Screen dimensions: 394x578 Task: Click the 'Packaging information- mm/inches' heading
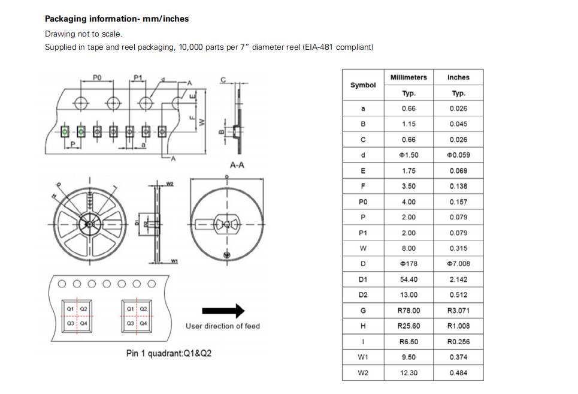(x=117, y=19)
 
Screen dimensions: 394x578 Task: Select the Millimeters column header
(x=408, y=77)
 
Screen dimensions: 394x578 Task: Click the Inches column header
(x=458, y=77)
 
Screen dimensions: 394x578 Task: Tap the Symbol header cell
(x=363, y=85)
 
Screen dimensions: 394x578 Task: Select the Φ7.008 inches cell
(x=458, y=264)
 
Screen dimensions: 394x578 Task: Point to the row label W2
(x=363, y=372)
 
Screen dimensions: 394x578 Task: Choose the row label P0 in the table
(x=363, y=202)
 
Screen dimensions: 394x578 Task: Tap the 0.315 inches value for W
(x=458, y=248)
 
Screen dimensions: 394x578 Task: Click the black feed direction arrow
(x=223, y=311)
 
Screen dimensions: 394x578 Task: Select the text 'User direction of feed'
(x=223, y=326)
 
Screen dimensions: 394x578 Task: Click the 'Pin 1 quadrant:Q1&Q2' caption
(x=168, y=353)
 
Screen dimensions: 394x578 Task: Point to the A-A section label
(x=237, y=165)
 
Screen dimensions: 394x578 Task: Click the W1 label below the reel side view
(x=174, y=261)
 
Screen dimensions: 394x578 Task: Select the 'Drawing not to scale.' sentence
(x=83, y=34)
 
